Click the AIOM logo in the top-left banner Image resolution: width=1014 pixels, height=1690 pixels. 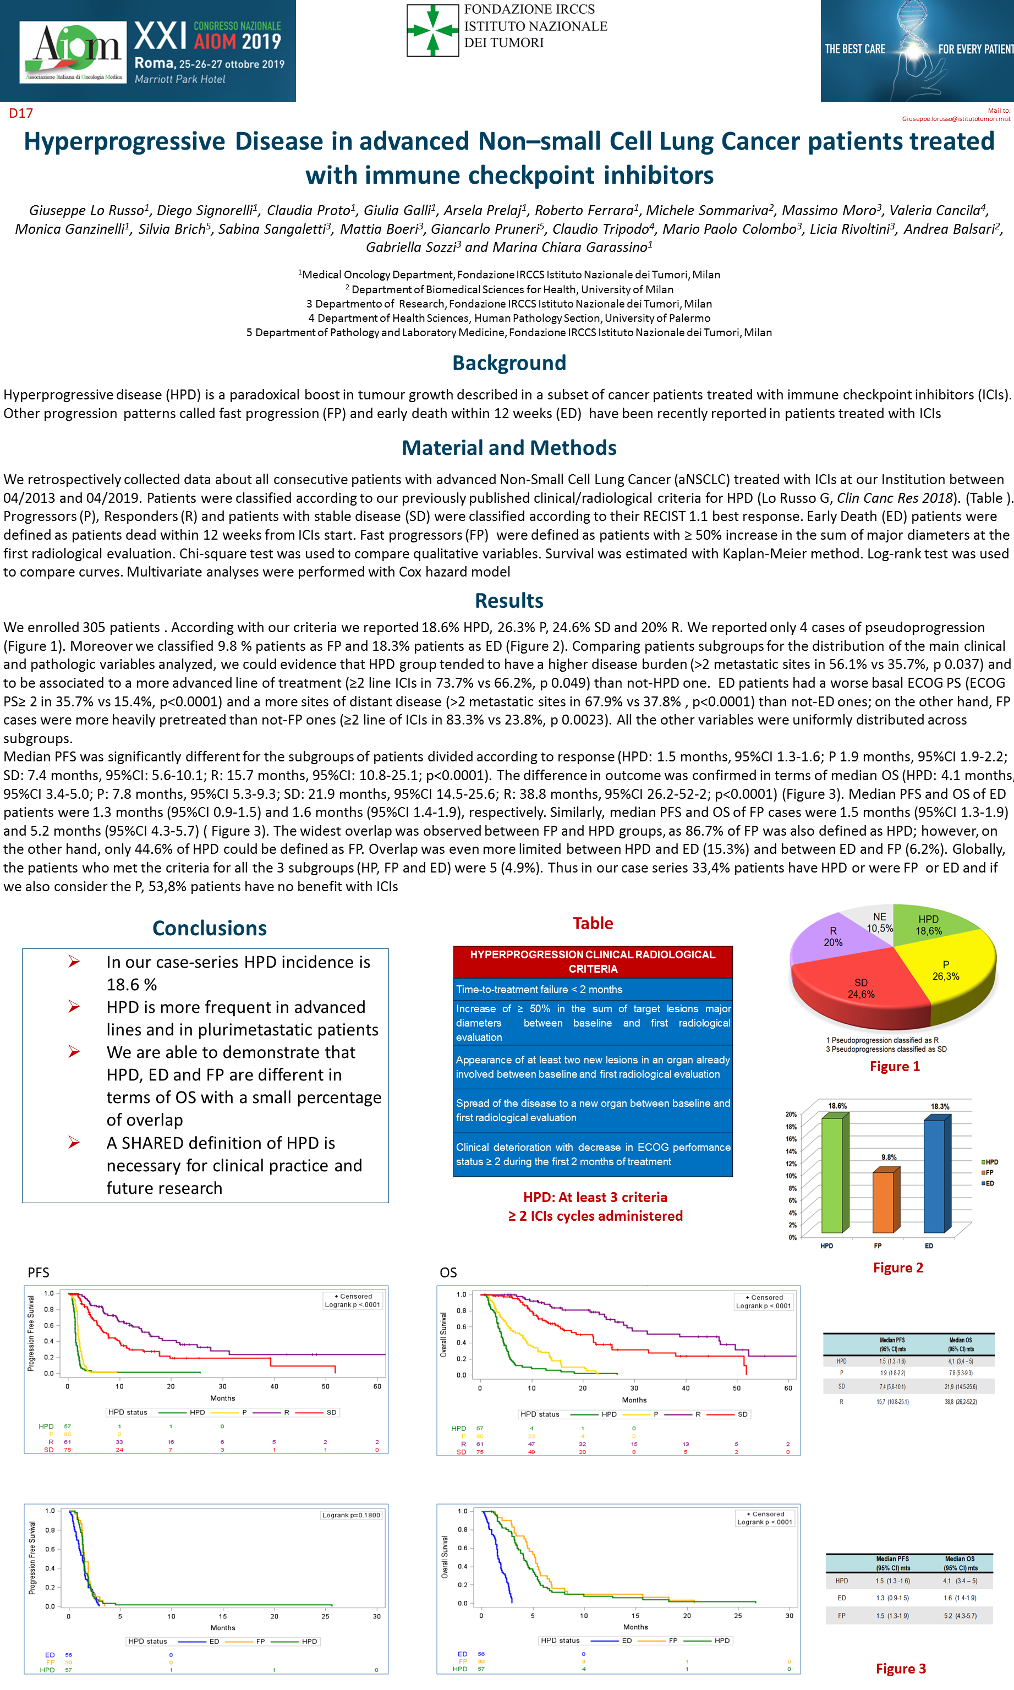click(73, 52)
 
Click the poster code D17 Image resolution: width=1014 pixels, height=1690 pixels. click(20, 113)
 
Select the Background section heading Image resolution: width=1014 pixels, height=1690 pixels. click(509, 363)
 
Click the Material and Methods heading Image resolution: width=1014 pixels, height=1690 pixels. click(509, 447)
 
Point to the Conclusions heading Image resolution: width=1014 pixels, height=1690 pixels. click(209, 928)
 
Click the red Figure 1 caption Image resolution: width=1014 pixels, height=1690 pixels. click(895, 1066)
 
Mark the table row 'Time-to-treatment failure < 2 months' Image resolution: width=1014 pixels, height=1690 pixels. click(593, 989)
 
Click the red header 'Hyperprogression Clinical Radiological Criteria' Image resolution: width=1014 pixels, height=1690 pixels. click(593, 961)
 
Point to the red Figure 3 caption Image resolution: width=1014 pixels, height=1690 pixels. click(901, 1668)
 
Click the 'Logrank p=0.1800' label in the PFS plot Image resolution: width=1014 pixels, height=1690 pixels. click(351, 1515)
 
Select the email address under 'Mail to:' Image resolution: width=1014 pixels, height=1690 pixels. click(955, 119)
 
